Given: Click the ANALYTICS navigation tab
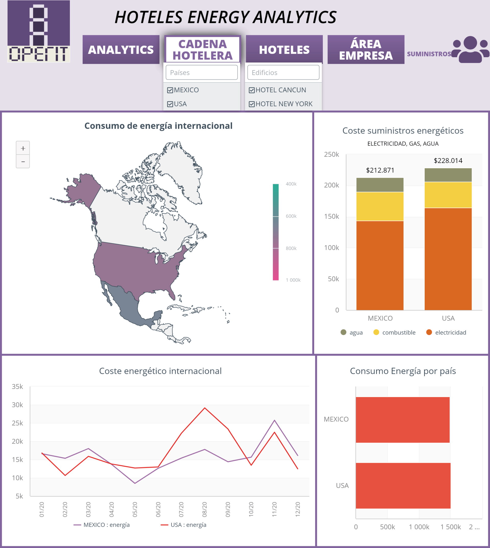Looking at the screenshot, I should [121, 50].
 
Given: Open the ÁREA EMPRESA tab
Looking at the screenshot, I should [366, 50].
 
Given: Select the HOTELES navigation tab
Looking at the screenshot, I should [284, 50].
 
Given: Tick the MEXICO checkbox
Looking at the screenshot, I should [170, 90].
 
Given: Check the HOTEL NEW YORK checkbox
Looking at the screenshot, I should [252, 104].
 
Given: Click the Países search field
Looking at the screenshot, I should [202, 73].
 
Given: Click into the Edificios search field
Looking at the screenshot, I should [283, 73].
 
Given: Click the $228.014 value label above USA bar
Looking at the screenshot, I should [448, 161].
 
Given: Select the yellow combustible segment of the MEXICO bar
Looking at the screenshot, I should [380, 206].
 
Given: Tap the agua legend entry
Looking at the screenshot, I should [352, 332].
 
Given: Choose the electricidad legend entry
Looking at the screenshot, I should [446, 332].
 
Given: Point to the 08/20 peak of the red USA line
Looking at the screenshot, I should [205, 408].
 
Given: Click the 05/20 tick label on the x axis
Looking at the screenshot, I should [135, 509].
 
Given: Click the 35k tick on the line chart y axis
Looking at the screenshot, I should [18, 387].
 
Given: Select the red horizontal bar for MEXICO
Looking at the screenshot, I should [402, 420].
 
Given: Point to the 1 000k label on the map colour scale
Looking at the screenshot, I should [293, 280].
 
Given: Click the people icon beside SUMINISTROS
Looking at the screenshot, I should [470, 50].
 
